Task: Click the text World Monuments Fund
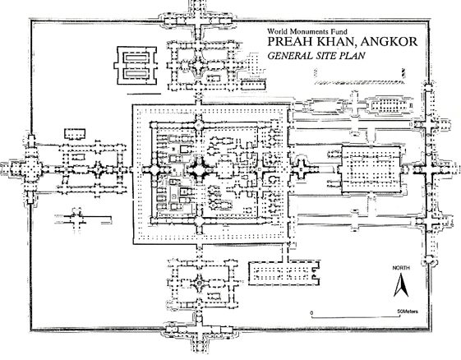tap(307, 31)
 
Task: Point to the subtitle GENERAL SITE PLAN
tap(316, 56)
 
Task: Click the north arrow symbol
tap(401, 284)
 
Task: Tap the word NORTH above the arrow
tap(401, 268)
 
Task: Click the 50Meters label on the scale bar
tap(408, 312)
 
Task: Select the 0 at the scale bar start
tap(312, 312)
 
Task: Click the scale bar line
tap(356, 317)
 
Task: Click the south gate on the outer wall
tap(199, 332)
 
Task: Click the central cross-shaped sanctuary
tap(200, 169)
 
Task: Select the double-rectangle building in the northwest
tap(136, 66)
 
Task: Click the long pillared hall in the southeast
tap(284, 273)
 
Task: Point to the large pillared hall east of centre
tap(371, 169)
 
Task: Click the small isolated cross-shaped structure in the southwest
tap(76, 219)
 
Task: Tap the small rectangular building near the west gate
tap(75, 134)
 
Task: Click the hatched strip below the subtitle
tap(359, 82)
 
